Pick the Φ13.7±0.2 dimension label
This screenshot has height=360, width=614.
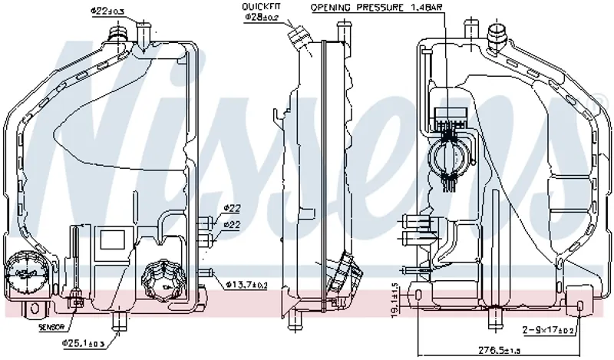(246, 285)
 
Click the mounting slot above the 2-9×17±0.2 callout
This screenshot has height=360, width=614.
(580, 307)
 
